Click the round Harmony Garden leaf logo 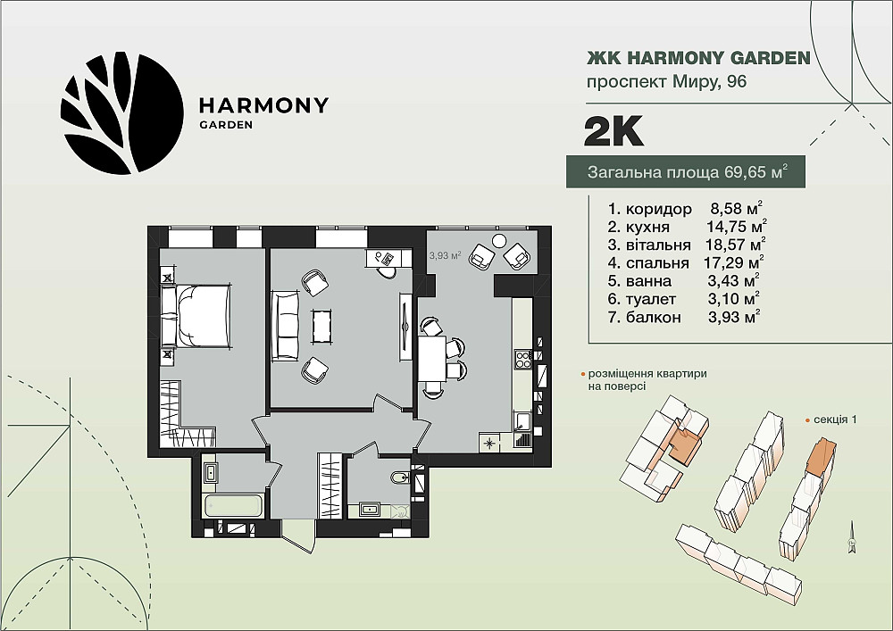click(x=121, y=114)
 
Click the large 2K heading click(x=613, y=131)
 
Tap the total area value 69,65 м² click(x=756, y=171)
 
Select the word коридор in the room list click(x=658, y=209)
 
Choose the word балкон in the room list click(x=653, y=317)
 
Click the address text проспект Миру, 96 click(x=666, y=82)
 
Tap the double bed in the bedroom click(x=196, y=315)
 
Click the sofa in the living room click(x=286, y=326)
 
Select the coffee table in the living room click(x=321, y=326)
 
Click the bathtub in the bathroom click(x=233, y=506)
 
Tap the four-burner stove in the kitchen click(x=522, y=359)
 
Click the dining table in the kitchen click(x=432, y=359)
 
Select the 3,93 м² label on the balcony click(x=445, y=255)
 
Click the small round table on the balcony click(x=499, y=241)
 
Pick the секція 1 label click(x=836, y=419)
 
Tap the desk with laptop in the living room click(x=388, y=259)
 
